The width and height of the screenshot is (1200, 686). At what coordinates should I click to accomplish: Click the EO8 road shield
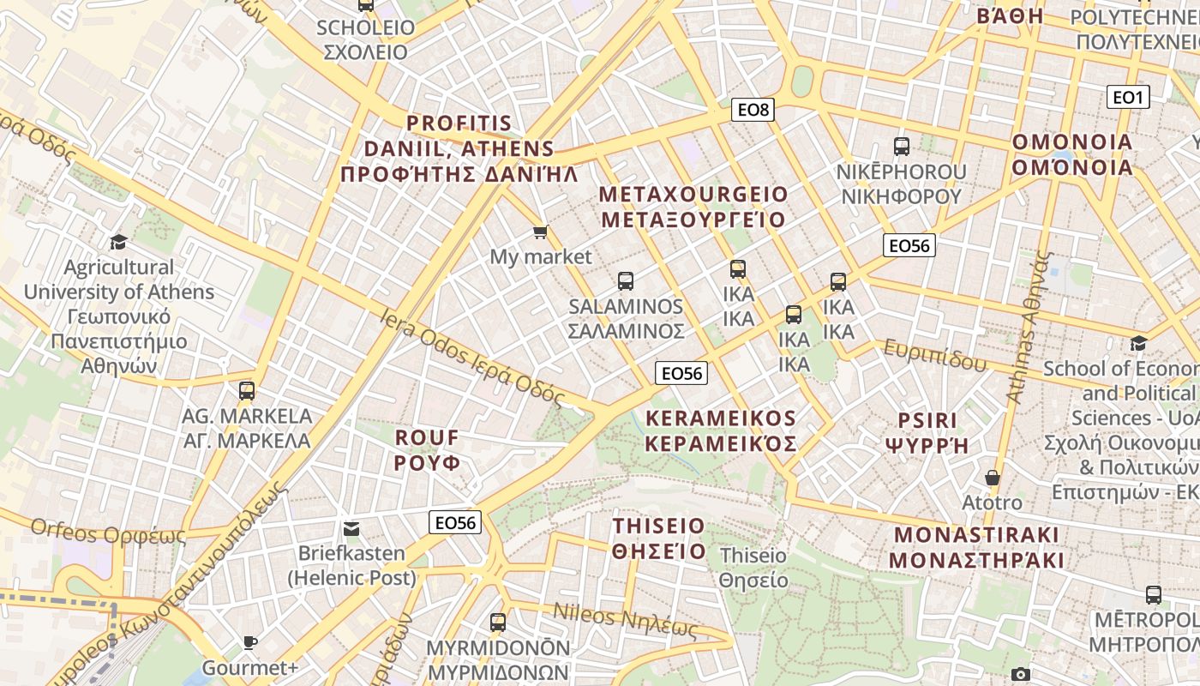pos(753,109)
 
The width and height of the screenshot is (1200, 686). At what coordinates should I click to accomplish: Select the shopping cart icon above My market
pos(540,232)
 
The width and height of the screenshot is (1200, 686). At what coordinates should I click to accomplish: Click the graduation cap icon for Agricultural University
pos(118,243)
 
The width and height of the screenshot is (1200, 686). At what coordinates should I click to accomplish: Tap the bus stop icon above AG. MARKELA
pos(247,391)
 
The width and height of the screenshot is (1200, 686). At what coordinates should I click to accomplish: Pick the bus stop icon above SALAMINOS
pos(626,280)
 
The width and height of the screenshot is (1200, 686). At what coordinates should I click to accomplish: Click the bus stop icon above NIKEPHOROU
pos(901,146)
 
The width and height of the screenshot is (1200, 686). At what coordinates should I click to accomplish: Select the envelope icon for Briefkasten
pos(351,528)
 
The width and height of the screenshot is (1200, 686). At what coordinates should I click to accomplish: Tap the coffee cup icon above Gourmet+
pos(249,642)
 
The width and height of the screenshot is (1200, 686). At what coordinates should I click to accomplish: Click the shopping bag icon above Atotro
pos(993,478)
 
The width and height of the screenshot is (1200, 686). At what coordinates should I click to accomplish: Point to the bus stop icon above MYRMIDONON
pos(498,622)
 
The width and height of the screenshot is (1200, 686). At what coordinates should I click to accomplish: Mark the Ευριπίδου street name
pos(935,355)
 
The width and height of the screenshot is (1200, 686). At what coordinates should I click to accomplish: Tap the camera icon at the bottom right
pos(1020,675)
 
